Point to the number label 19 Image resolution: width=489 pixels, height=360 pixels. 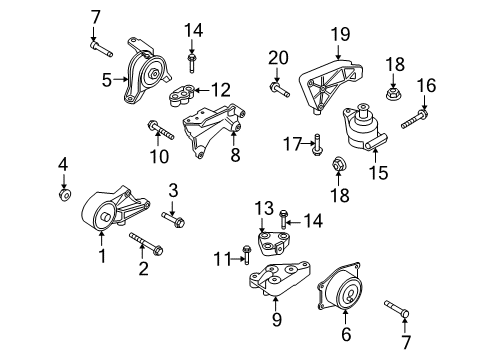[x=340, y=35]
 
